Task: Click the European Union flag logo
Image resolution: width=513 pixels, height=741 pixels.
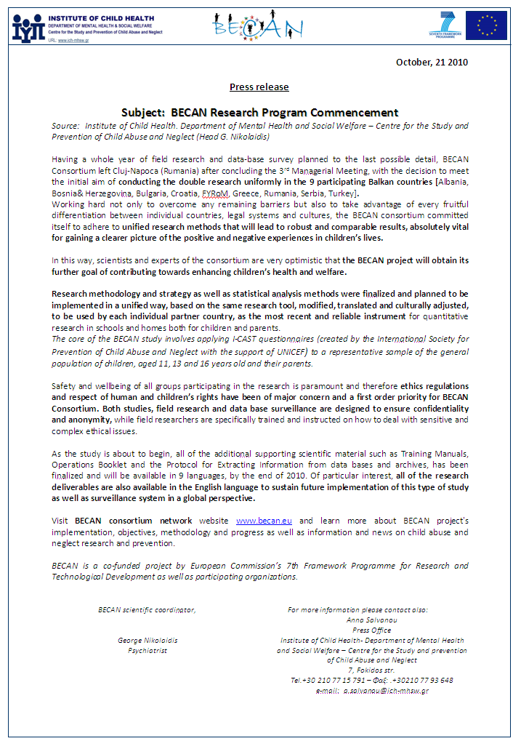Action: pos(486,25)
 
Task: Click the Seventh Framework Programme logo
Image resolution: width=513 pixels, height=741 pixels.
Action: pos(443,25)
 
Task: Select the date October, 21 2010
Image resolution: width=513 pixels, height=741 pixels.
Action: pos(432,62)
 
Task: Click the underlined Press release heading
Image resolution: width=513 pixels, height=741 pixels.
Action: pos(259,87)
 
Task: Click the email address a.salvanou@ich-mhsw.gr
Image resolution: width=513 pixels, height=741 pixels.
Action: pos(386,690)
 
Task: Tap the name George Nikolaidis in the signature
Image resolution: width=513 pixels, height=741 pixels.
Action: pos(148,640)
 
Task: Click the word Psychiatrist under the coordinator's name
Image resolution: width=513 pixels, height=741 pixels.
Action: pos(148,650)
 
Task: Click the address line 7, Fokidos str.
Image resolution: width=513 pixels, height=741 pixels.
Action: pos(371,670)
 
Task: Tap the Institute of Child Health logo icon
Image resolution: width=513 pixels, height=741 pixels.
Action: pos(28,28)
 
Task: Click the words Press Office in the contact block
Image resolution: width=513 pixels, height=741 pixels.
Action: pos(371,630)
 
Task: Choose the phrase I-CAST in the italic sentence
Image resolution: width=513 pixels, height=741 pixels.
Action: pos(216,339)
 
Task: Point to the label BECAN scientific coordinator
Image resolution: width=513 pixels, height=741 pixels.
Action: pos(147,609)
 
